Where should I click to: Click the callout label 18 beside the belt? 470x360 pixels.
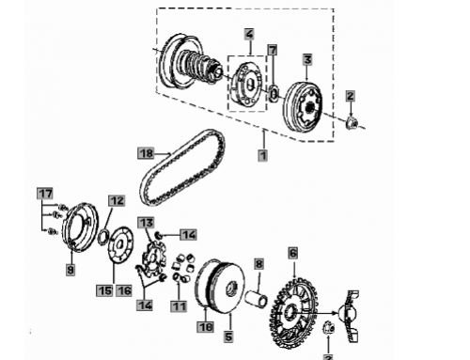click(146, 153)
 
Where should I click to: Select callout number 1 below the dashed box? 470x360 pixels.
click(263, 155)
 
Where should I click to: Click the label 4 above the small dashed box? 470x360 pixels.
click(249, 34)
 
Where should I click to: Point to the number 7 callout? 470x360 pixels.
click(273, 50)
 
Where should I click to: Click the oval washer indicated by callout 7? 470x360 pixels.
click(274, 93)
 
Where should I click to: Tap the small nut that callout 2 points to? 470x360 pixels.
click(352, 123)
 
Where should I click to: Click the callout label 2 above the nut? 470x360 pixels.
click(350, 96)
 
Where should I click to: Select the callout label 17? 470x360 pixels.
click(45, 194)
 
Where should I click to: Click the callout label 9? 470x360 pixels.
click(70, 270)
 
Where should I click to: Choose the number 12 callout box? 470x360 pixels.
click(117, 201)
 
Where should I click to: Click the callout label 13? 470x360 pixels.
click(146, 223)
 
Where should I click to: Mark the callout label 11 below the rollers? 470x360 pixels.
click(179, 306)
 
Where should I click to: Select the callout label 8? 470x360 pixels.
click(258, 264)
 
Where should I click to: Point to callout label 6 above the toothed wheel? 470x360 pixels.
click(293, 253)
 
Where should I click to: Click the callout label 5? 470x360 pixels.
click(228, 337)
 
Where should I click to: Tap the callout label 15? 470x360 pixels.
click(104, 290)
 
